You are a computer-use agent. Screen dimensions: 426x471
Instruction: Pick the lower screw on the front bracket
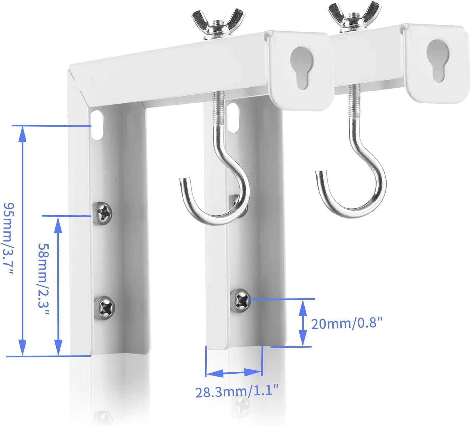pyautogui.click(x=104, y=306)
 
